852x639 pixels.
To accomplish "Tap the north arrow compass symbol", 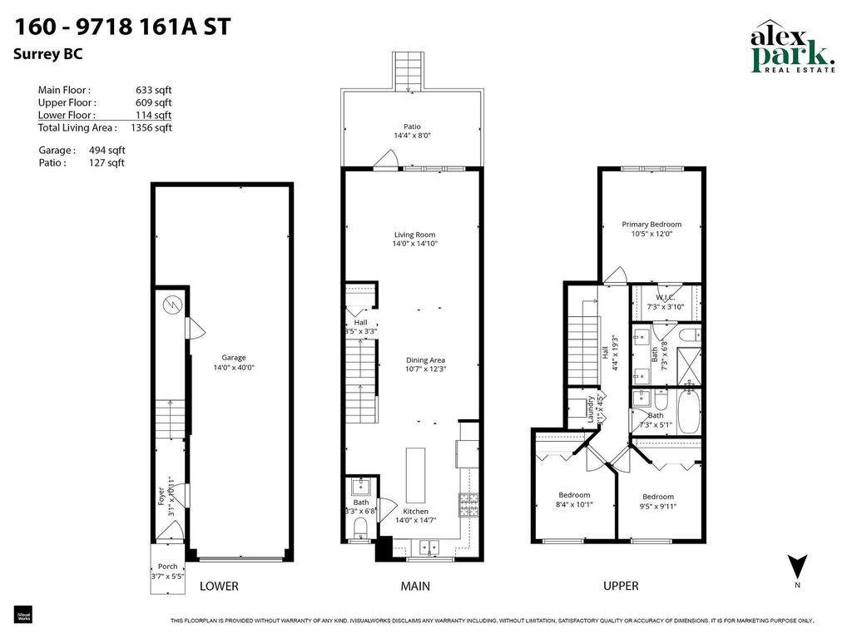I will pyautogui.click(x=796, y=567).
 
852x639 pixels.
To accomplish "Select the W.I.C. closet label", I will pyautogui.click(x=664, y=297).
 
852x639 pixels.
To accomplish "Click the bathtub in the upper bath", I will pyautogui.click(x=689, y=413).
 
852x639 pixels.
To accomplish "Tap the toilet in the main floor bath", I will pyautogui.click(x=361, y=528).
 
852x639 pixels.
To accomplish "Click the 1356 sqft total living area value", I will pyautogui.click(x=151, y=128).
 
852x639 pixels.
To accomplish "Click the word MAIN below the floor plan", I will pyautogui.click(x=415, y=586).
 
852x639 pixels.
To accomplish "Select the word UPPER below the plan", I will pyautogui.click(x=621, y=586).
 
